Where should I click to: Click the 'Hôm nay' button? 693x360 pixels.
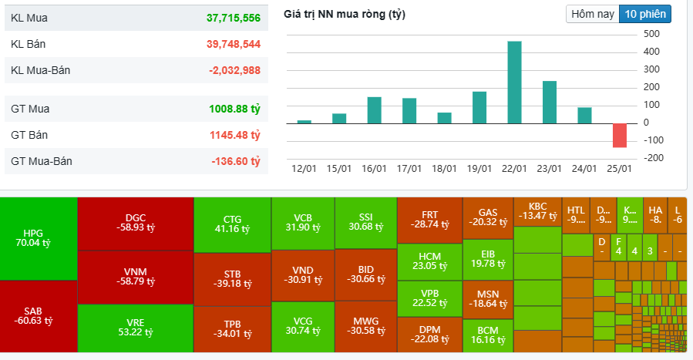pyautogui.click(x=592, y=14)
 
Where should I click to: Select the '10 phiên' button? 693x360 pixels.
pyautogui.click(x=644, y=14)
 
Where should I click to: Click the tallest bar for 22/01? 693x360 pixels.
pyautogui.click(x=514, y=82)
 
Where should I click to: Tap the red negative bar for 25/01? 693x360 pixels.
pyautogui.click(x=620, y=135)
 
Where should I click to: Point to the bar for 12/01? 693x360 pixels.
pyautogui.click(x=304, y=122)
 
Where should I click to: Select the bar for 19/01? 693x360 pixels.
pyautogui.click(x=479, y=108)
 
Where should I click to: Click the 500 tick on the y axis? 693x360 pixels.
pyautogui.click(x=651, y=34)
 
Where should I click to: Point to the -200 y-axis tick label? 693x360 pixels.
pyautogui.click(x=651, y=158)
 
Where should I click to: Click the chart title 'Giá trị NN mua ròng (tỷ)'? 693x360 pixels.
pyautogui.click(x=345, y=15)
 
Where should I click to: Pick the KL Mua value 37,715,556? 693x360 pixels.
pyautogui.click(x=233, y=18)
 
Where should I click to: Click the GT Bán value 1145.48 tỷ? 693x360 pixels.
pyautogui.click(x=234, y=135)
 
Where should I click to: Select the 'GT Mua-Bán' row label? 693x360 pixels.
pyautogui.click(x=40, y=161)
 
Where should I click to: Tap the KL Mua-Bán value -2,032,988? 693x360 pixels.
pyautogui.click(x=234, y=70)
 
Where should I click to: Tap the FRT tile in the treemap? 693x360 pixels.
pyautogui.click(x=429, y=219)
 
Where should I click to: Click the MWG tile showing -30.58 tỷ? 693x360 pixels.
pyautogui.click(x=365, y=325)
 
